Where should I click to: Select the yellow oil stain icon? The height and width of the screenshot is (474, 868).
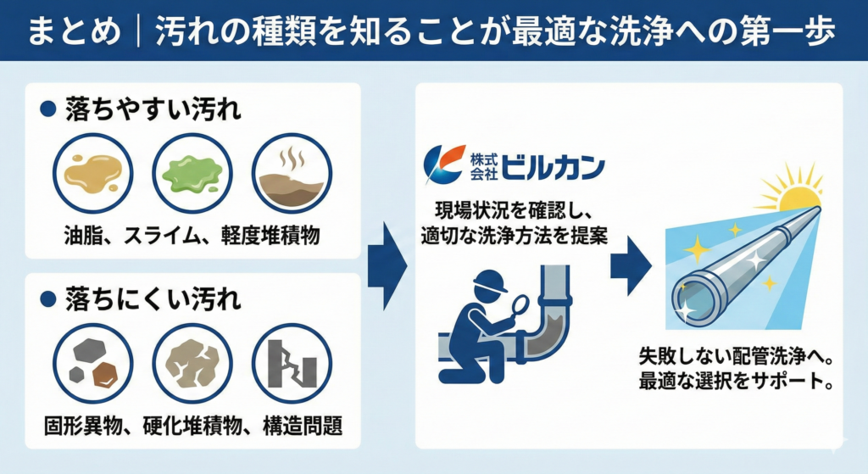point(93,173)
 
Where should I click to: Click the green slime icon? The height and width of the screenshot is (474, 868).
point(192,173)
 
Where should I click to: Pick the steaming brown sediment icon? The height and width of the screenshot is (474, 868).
point(292,173)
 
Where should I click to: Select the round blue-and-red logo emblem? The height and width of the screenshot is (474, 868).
point(444,164)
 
